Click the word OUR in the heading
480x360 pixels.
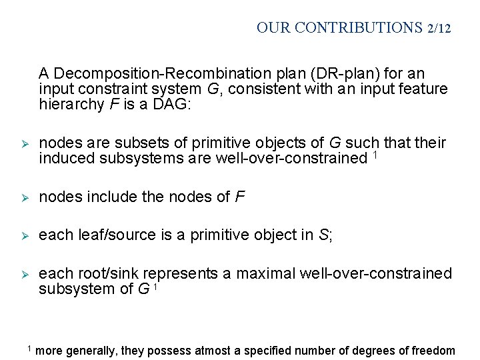point(272,28)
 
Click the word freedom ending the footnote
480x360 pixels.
point(433,351)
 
